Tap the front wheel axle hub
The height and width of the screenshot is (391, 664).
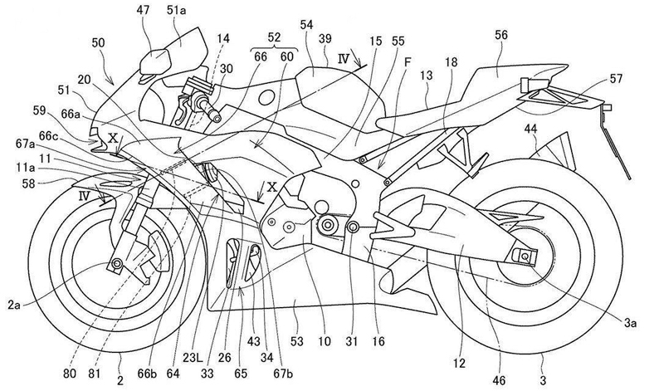click(x=115, y=264)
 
